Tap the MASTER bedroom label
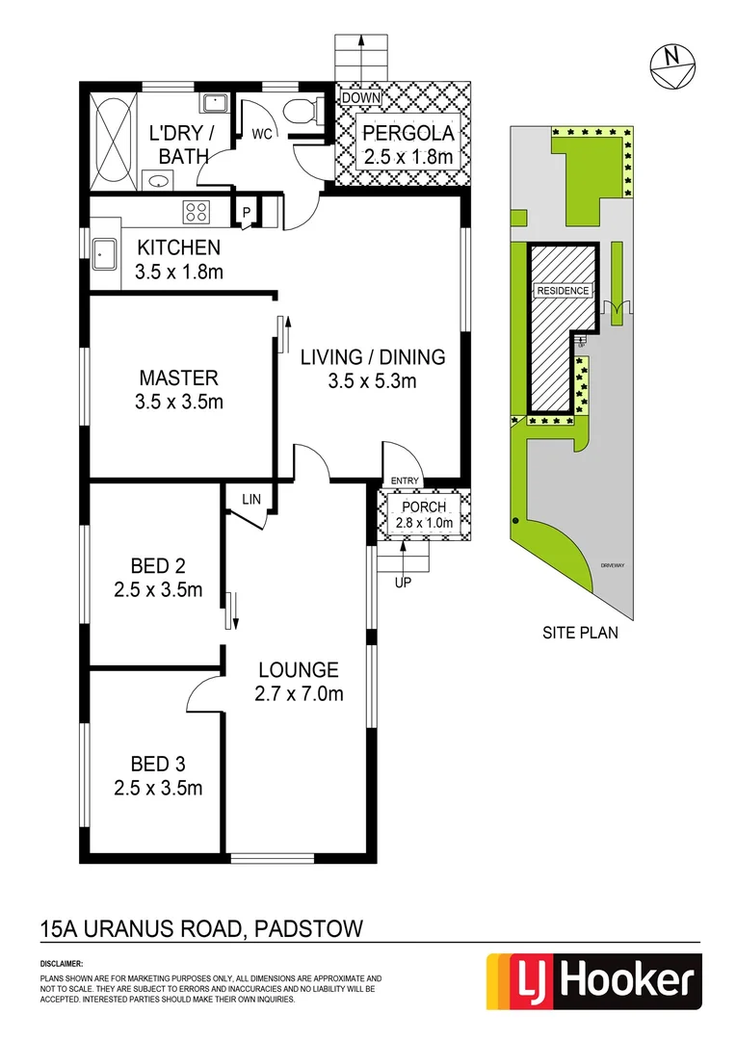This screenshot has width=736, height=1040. pyautogui.click(x=178, y=377)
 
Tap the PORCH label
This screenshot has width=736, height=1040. pyautogui.click(x=423, y=507)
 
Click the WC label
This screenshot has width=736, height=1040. pyautogui.click(x=262, y=136)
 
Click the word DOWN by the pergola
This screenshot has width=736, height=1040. pyautogui.click(x=361, y=98)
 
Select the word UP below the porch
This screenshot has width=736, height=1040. pyautogui.click(x=403, y=582)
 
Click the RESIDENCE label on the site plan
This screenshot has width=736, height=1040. pyautogui.click(x=563, y=290)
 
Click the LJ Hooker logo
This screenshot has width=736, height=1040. pyautogui.click(x=591, y=982)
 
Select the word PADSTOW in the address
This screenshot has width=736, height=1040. pyautogui.click(x=307, y=929)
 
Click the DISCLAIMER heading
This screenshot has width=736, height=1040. pyautogui.click(x=62, y=963)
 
